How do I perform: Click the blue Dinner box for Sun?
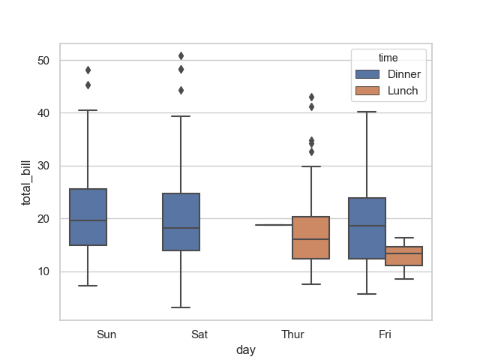[x=88, y=217]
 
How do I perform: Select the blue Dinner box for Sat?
[x=181, y=222]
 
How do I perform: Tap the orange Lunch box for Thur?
[x=310, y=238]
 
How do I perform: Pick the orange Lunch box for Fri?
[x=403, y=256]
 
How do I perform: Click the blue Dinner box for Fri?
[x=367, y=229]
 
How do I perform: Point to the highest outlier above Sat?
[x=181, y=55]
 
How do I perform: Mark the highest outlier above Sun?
[x=88, y=70]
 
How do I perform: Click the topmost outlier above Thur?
[x=310, y=97]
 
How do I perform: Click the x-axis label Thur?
[x=292, y=334]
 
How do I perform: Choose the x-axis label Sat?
[x=199, y=334]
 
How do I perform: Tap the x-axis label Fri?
[x=385, y=334]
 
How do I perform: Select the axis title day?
[x=246, y=350]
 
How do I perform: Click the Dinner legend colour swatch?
[x=368, y=74]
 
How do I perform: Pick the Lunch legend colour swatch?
[x=368, y=91]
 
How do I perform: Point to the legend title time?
[x=388, y=58]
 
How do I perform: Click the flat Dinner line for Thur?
[x=274, y=225]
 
